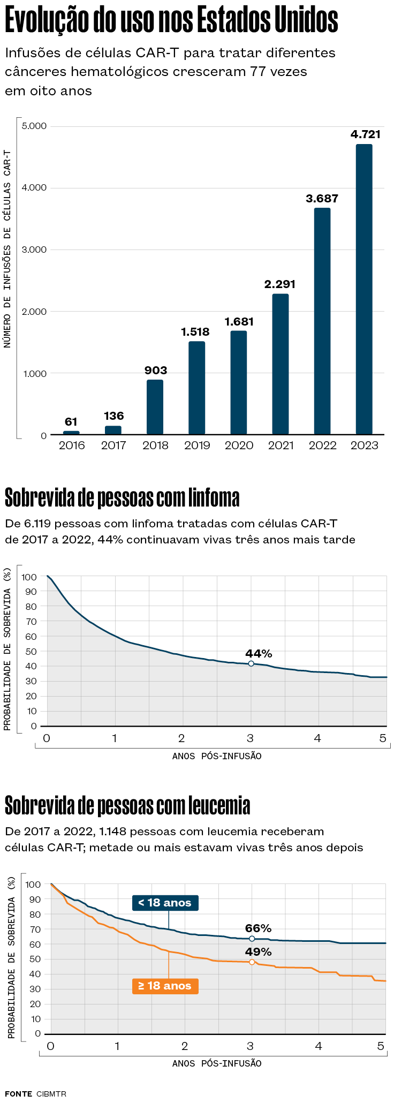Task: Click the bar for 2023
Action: (364, 289)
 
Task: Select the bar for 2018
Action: (155, 407)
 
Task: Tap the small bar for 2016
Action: (71, 433)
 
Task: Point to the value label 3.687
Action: (322, 199)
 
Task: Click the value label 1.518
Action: (195, 332)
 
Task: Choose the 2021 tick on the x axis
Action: (281, 445)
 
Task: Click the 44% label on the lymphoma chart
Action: (259, 653)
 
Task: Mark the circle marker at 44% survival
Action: (251, 663)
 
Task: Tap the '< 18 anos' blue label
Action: (165, 903)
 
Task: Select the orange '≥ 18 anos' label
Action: (165, 986)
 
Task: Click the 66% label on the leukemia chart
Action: (258, 928)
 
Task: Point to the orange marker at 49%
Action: (252, 962)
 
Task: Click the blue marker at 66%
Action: (252, 939)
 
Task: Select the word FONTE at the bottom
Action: (19, 1093)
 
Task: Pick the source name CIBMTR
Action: (51, 1093)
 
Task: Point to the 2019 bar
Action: (196, 388)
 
